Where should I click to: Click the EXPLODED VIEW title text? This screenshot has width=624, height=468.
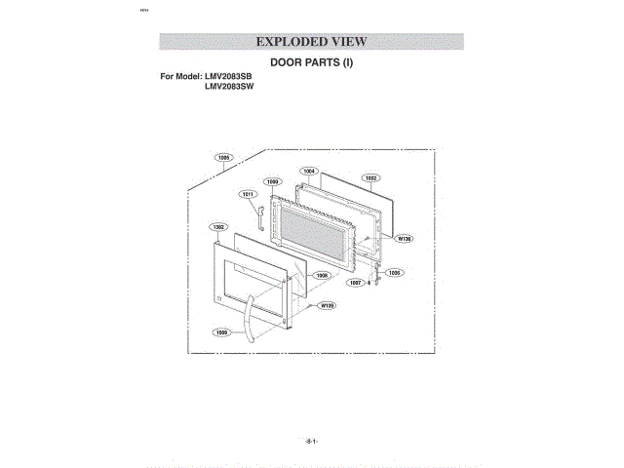tap(311, 42)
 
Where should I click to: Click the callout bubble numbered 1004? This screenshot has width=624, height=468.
tap(309, 171)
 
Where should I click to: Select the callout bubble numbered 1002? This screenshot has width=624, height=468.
tap(371, 178)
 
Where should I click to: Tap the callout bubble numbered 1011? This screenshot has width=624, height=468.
tap(249, 194)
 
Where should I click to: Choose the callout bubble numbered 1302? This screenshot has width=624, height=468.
tap(218, 226)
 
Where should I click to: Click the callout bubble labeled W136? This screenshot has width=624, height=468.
tap(404, 238)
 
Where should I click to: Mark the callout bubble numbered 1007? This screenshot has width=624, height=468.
tap(356, 283)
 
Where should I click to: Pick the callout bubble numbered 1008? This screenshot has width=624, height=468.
tap(321, 275)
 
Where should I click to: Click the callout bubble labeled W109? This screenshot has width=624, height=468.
tap(329, 306)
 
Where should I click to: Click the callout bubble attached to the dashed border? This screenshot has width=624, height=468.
tap(224, 157)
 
